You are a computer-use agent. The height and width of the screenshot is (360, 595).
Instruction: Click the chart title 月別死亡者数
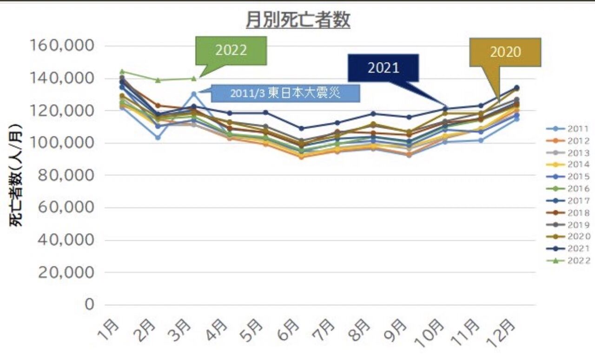pos(297,20)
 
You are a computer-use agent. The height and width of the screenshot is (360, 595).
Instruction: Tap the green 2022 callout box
pos(231,50)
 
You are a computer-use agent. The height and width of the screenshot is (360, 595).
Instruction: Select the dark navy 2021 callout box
pos(383,68)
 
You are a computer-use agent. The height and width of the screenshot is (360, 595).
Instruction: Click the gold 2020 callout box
pos(505,52)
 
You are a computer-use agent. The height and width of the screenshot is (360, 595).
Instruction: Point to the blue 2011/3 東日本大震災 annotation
pos(285,93)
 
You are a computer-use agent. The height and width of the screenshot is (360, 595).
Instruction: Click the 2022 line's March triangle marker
pos(194,78)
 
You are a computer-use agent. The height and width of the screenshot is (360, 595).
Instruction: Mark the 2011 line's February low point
pos(158,138)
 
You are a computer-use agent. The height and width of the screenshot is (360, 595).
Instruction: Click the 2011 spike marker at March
pos(194,94)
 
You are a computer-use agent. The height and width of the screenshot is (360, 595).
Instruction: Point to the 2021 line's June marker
pos(301,128)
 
